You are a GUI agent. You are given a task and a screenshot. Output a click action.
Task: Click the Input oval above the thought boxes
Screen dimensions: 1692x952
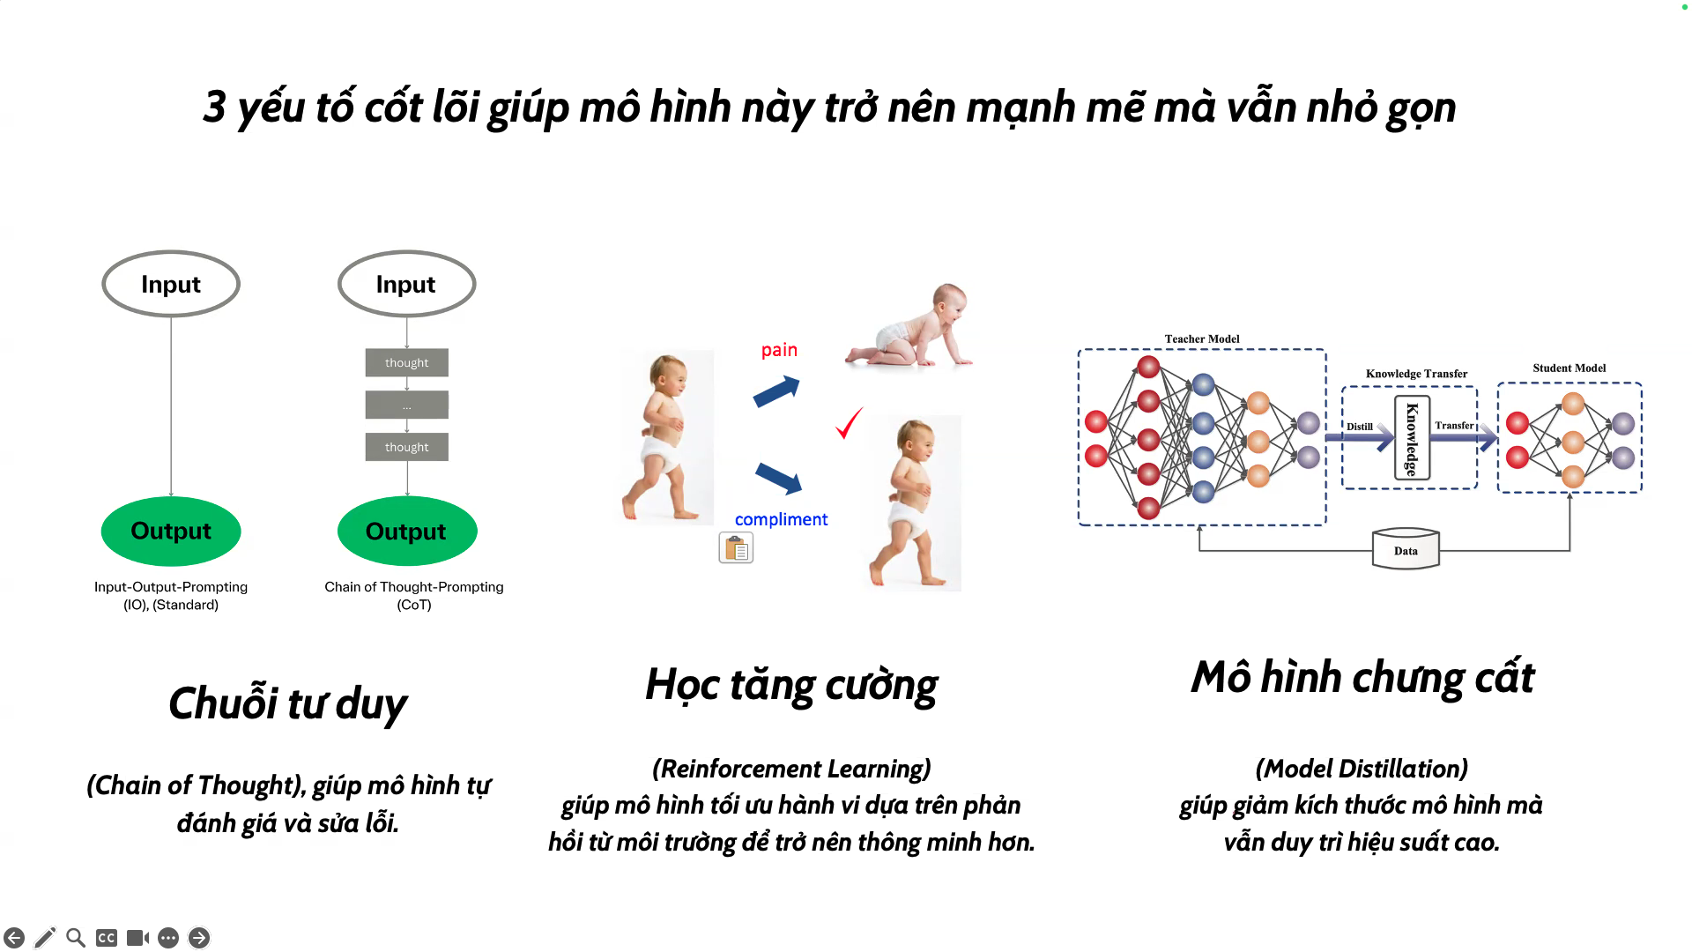406,284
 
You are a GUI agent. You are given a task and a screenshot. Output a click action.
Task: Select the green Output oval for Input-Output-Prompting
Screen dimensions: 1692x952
171,531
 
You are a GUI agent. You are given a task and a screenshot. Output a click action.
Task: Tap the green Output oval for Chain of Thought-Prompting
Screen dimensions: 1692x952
407,531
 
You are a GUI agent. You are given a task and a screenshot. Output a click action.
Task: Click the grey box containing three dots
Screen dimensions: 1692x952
407,405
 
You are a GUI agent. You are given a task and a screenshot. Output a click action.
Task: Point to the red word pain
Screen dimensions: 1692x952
779,350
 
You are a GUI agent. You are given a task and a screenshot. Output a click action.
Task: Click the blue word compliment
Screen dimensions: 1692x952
781,519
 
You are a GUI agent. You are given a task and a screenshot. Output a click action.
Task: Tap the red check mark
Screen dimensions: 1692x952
849,423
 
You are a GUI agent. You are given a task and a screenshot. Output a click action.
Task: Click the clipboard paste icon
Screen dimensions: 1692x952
736,548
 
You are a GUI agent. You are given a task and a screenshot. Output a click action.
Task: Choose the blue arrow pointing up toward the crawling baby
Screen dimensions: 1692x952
776,391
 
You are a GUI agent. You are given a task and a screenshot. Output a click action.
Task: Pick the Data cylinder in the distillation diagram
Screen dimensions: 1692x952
1406,549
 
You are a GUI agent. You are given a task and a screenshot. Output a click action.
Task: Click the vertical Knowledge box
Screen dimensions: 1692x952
1412,438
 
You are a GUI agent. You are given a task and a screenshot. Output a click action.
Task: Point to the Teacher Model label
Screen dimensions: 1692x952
1201,338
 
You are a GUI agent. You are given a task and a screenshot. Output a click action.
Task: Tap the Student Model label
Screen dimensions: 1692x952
1569,368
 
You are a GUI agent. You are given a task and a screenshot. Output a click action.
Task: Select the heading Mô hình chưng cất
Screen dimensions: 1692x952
1362,677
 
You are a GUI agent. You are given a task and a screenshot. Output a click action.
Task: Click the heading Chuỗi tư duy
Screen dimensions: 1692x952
288,703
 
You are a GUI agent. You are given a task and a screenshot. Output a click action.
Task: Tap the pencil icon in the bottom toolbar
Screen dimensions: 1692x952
45,937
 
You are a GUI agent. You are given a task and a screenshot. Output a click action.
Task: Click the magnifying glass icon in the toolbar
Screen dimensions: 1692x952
76,937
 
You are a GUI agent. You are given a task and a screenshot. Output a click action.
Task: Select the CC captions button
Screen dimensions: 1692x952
107,938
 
